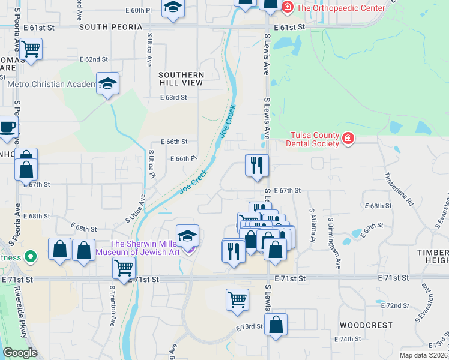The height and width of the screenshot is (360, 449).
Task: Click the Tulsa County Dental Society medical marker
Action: coord(347,139)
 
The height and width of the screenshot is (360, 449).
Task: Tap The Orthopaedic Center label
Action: coord(339,8)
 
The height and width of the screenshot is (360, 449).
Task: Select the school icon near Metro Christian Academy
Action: coord(108,83)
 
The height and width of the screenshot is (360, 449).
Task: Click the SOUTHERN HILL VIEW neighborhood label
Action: coord(181,79)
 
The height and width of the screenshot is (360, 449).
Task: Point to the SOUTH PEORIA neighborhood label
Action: coord(110,28)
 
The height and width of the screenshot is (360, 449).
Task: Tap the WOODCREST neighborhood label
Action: coord(366,325)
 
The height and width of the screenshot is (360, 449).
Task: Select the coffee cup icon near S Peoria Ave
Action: coord(8,127)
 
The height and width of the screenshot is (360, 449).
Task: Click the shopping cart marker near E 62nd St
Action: coord(31,48)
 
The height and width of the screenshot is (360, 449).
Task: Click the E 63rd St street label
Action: coord(173,97)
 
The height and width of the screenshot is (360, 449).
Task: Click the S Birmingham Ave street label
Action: coord(334,239)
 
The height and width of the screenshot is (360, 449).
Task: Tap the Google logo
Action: coord(20,353)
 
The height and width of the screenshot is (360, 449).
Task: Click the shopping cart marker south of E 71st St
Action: coord(237,299)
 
